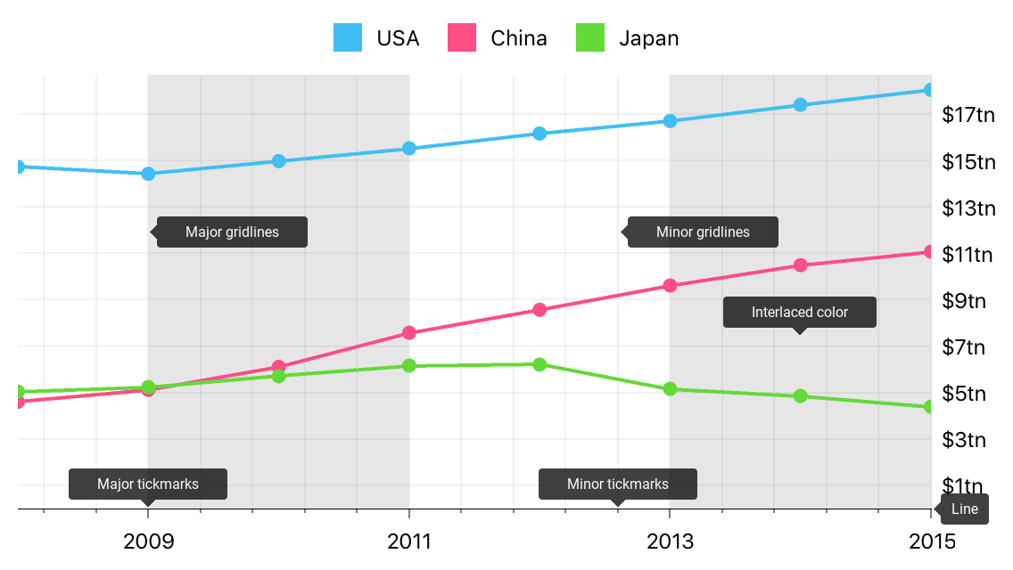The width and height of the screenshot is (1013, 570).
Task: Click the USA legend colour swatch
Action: point(348,37)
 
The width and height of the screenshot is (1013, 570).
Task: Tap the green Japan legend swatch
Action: point(590,37)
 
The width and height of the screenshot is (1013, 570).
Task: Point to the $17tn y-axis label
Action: point(968,115)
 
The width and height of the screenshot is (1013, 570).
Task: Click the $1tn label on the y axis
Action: point(963,485)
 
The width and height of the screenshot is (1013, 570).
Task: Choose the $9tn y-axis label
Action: point(963,300)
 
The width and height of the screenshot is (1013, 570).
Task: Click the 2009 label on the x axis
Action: point(149,541)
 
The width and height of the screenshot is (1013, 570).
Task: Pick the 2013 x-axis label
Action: point(670,541)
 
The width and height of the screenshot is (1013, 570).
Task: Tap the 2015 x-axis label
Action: point(930,541)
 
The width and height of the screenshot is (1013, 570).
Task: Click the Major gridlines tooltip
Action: point(232,232)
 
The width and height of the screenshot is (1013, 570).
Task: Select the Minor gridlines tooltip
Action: point(703,232)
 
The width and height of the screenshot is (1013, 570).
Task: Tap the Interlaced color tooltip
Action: point(799,313)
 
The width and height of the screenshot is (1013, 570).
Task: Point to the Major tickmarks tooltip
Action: point(148,484)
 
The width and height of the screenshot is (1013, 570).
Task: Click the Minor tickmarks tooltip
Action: point(617,484)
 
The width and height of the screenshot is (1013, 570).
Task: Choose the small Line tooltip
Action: point(964,509)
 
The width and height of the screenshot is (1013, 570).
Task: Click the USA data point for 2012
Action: point(539,134)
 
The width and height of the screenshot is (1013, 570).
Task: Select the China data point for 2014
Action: point(800,265)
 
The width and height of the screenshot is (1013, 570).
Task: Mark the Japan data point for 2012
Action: point(539,364)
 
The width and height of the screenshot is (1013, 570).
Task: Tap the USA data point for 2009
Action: point(148,174)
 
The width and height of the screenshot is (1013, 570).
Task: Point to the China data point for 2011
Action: point(409,333)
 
